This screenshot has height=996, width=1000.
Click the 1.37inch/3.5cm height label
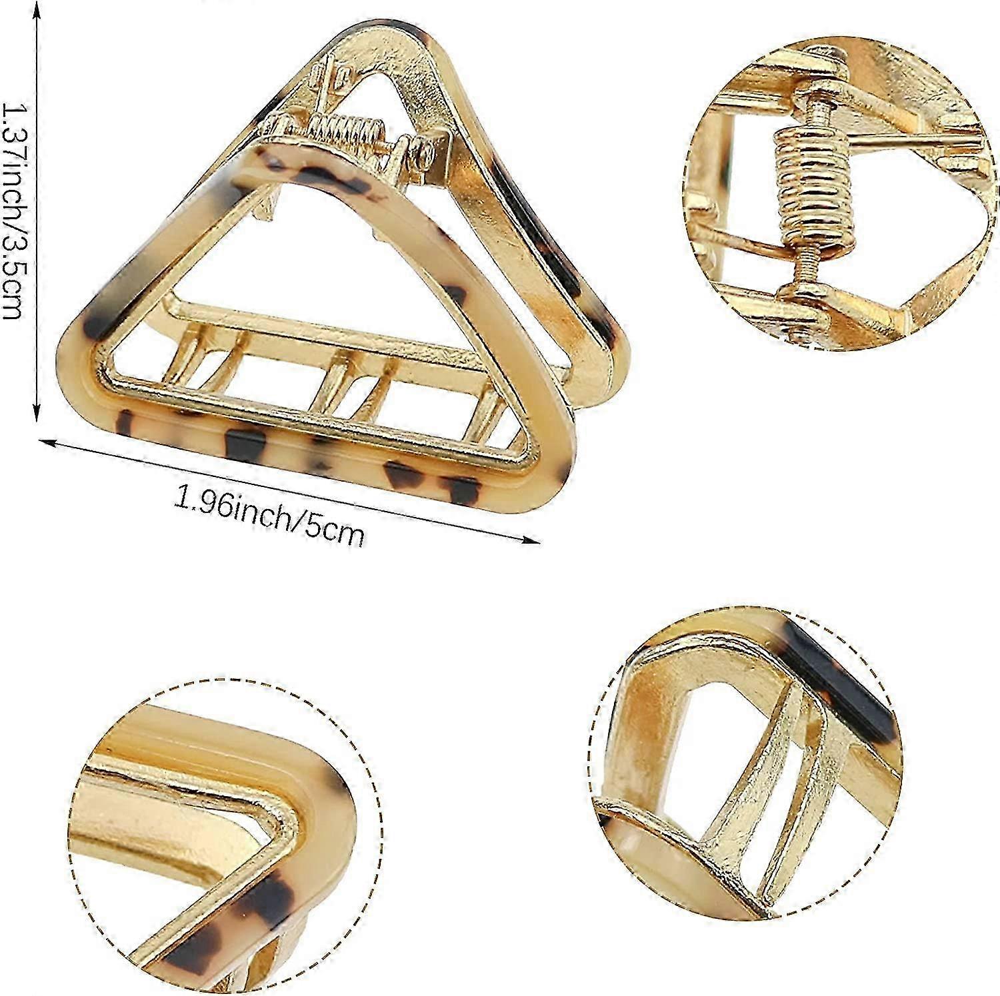(x=15, y=212)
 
